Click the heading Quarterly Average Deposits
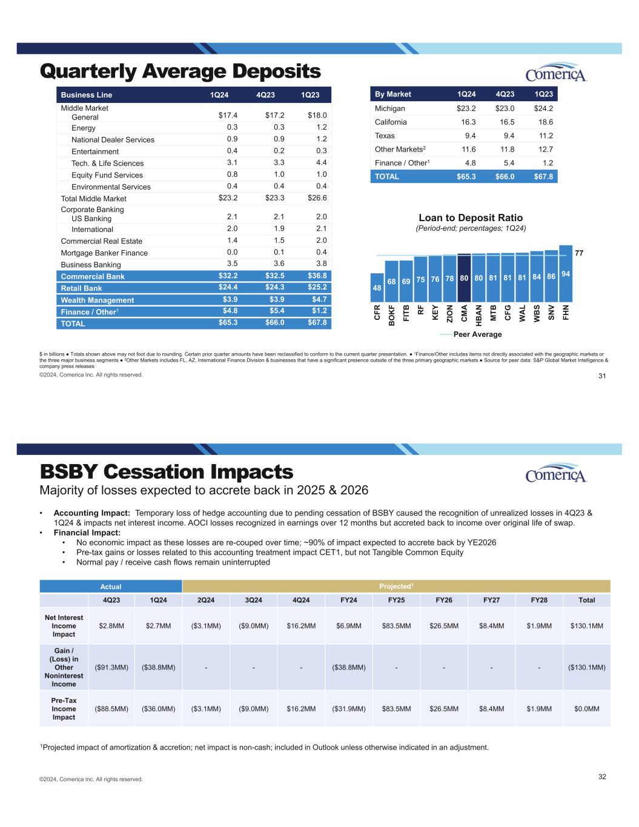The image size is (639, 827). point(180,71)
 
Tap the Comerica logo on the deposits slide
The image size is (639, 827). point(556,73)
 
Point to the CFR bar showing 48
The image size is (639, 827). point(377,288)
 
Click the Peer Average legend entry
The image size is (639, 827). point(471,334)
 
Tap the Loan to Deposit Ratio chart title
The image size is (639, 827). point(471,218)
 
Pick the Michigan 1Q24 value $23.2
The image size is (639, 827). point(466,108)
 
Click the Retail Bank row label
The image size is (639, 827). point(82,288)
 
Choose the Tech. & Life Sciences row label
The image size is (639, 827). point(107,163)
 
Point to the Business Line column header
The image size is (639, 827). point(87,95)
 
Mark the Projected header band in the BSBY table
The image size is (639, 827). point(396,586)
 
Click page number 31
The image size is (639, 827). point(602,377)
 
